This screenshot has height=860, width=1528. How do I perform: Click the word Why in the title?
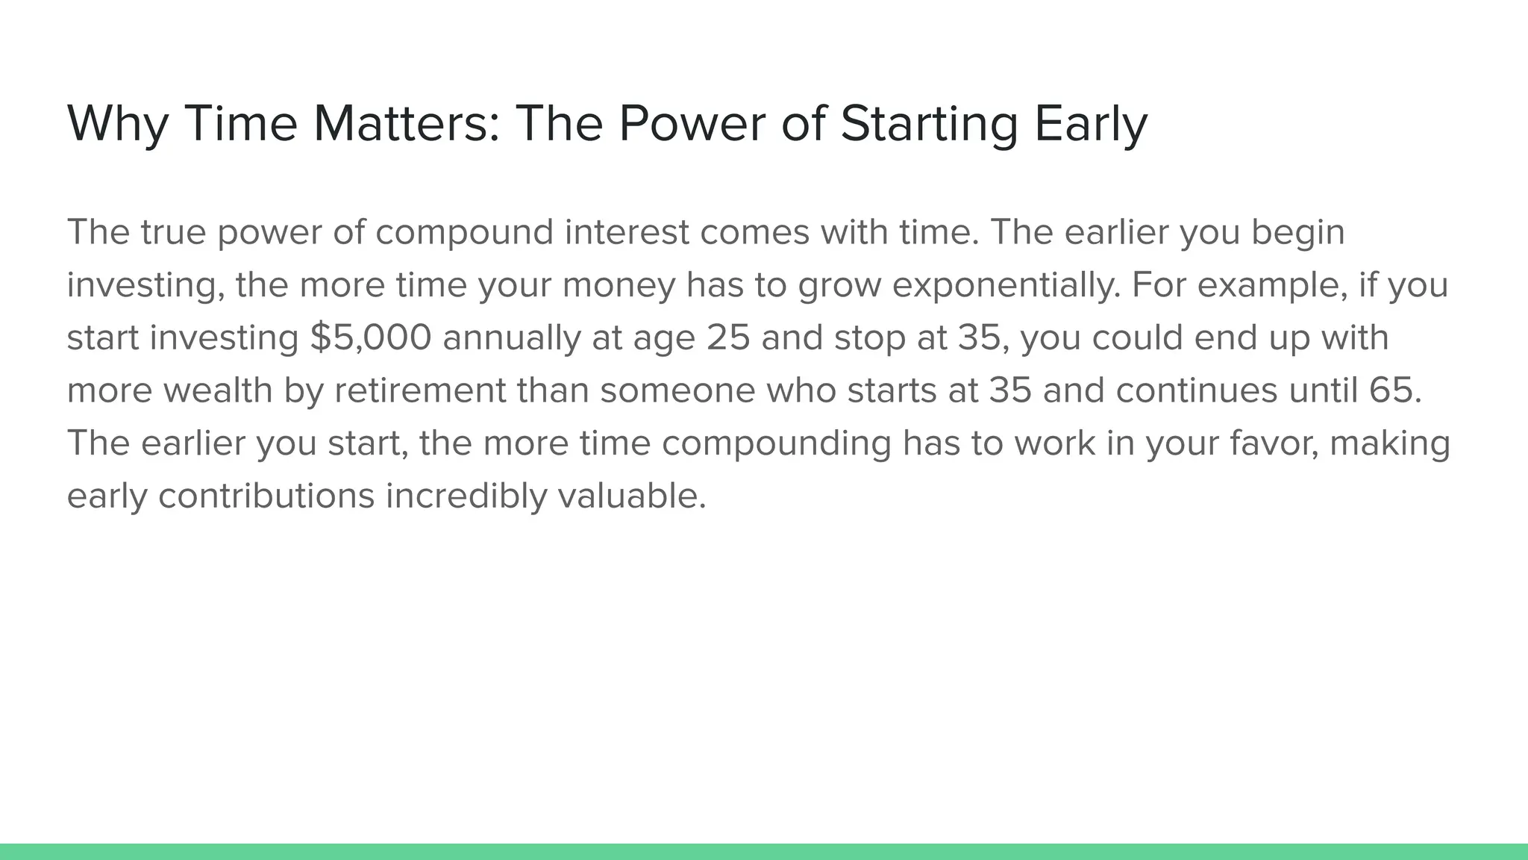pyautogui.click(x=118, y=123)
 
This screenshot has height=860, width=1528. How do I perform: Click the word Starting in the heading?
pyautogui.click(x=929, y=123)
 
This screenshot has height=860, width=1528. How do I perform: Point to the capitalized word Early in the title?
pyautogui.click(x=1090, y=123)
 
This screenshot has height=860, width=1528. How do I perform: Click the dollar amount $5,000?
pyautogui.click(x=371, y=337)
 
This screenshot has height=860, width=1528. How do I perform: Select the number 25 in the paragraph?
pyautogui.click(x=728, y=337)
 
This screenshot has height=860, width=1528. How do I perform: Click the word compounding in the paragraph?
pyautogui.click(x=776, y=443)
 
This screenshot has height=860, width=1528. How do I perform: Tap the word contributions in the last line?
pyautogui.click(x=266, y=496)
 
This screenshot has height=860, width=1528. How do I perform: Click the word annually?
pyautogui.click(x=511, y=337)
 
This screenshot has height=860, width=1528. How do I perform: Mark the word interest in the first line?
pyautogui.click(x=627, y=232)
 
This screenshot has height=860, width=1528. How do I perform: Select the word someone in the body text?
pyautogui.click(x=677, y=390)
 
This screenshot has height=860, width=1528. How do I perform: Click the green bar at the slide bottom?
pyautogui.click(x=764, y=852)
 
